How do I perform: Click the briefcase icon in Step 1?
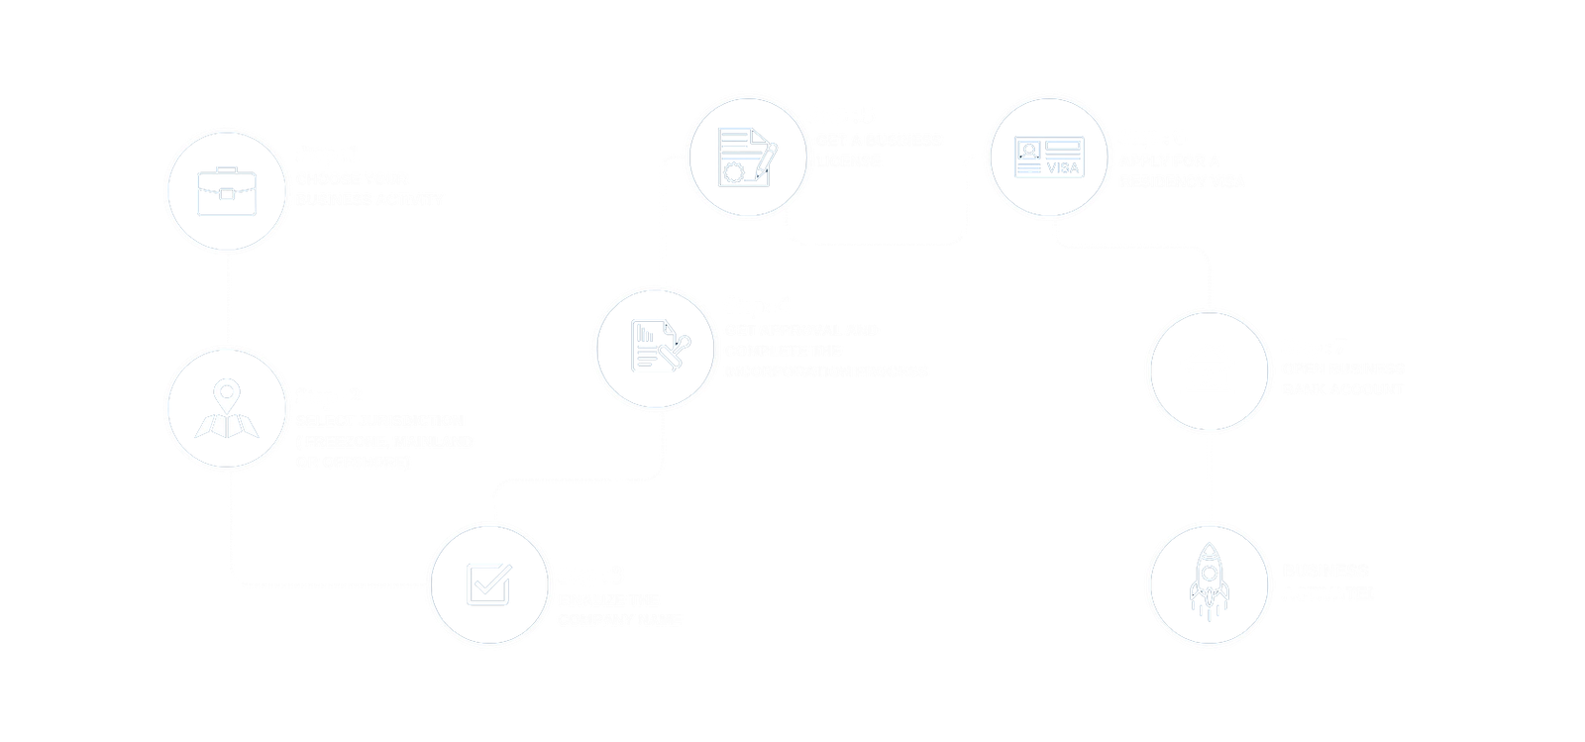pos(227,188)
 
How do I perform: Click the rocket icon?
pos(1209,584)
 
